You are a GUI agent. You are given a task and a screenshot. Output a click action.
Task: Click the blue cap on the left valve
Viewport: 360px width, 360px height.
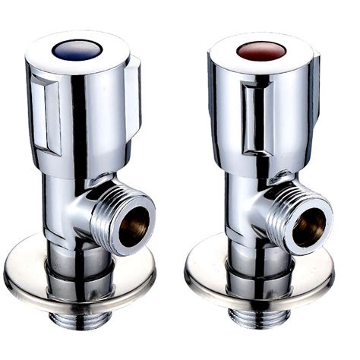73,50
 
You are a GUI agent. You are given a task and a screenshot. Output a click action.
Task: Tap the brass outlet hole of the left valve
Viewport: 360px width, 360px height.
132,226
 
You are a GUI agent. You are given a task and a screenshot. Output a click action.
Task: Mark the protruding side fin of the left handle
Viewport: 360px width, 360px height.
136,91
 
